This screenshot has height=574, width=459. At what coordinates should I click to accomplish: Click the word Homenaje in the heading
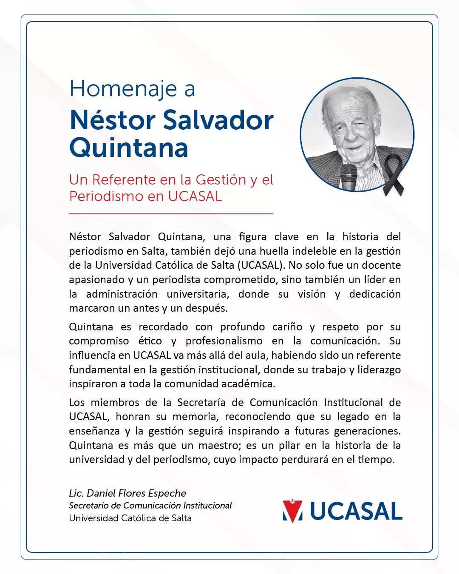123,89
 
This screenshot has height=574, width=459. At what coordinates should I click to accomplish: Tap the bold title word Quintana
129,148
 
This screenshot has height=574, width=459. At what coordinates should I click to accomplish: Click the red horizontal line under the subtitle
171,213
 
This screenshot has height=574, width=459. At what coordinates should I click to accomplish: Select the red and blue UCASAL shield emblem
292,511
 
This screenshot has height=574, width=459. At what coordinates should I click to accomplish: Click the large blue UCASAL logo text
356,511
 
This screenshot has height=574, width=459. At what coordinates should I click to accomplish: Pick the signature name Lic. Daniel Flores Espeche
127,493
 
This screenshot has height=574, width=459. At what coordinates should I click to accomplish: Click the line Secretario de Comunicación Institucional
150,506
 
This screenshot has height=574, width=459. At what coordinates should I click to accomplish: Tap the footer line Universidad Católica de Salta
130,518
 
